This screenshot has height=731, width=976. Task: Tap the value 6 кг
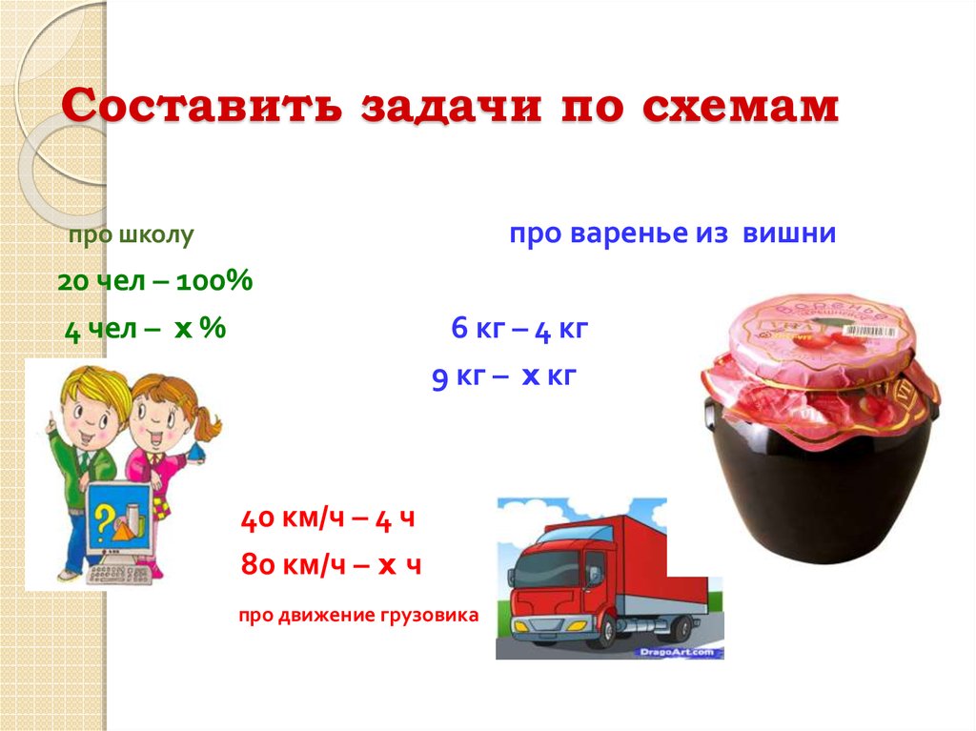[x=475, y=330]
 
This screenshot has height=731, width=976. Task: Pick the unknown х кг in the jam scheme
[x=549, y=376]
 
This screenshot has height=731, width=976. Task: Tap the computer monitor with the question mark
[x=119, y=520]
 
